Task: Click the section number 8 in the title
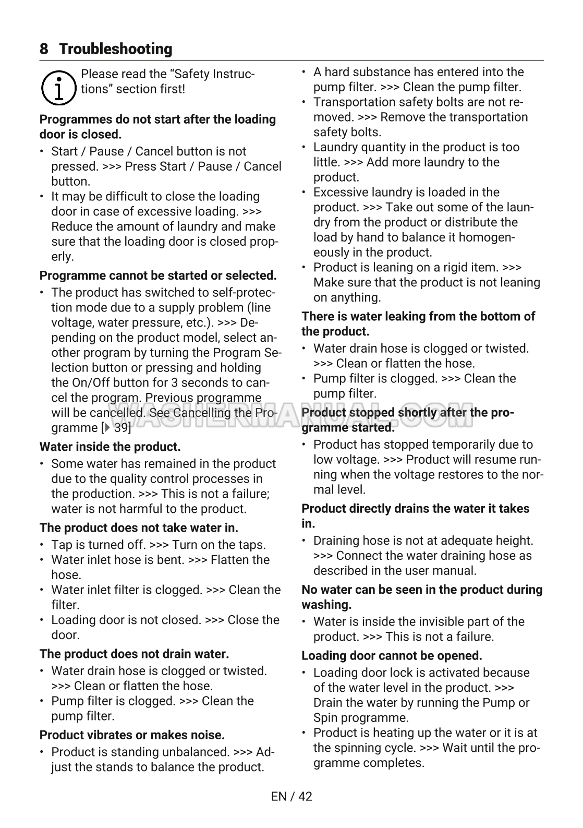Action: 44,49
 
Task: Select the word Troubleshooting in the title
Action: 116,49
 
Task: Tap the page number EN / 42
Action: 291,796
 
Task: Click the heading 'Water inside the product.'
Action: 110,447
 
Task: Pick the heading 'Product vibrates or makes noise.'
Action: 132,735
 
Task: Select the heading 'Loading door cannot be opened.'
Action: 392,656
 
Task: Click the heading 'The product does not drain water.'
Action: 134,654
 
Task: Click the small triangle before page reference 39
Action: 107,428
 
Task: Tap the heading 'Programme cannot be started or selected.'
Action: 158,275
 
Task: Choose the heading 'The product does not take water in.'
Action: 139,528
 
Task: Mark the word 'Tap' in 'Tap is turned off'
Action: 62,545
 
